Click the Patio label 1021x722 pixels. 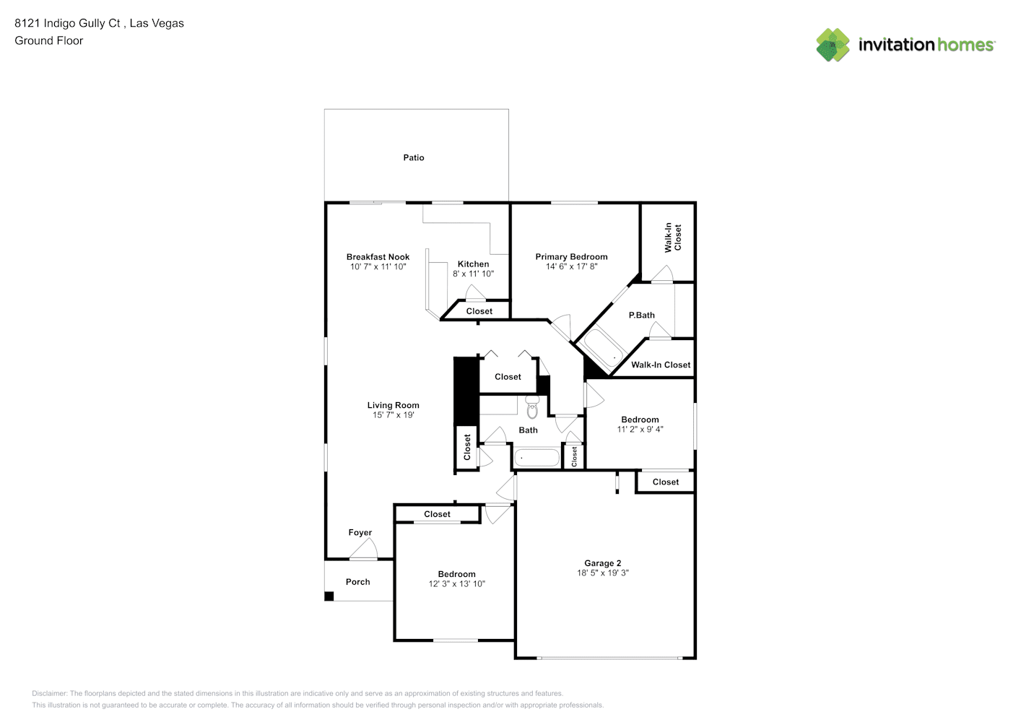[414, 157]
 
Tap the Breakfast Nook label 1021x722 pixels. [378, 257]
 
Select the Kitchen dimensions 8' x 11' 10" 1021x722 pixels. [473, 274]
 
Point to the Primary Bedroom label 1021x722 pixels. [571, 257]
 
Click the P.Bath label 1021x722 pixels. [641, 315]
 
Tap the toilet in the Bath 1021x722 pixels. [532, 406]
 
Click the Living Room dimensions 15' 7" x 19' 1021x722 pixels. [393, 415]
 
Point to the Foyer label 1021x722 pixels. [360, 532]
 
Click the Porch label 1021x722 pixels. [358, 582]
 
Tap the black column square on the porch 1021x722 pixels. [329, 596]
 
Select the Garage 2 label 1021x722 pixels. [603, 563]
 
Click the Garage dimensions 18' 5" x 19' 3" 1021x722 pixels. [603, 573]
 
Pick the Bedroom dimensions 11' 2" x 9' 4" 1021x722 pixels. [640, 430]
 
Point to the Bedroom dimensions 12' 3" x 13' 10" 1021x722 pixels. [457, 584]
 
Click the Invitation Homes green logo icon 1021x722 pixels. [833, 45]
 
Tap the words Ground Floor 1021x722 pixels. [49, 40]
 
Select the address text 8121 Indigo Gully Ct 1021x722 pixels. [67, 23]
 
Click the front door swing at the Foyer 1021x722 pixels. [364, 548]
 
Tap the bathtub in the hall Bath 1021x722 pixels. [537, 458]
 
